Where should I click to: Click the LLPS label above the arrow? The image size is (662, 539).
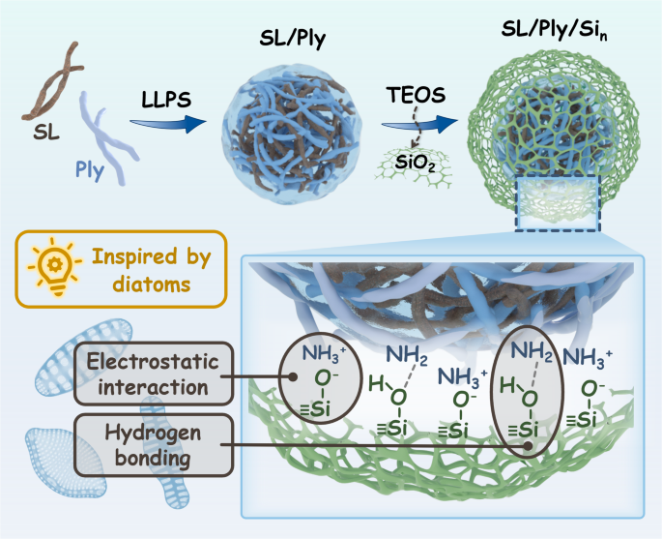[x=166, y=100]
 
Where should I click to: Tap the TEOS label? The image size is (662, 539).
[x=416, y=95]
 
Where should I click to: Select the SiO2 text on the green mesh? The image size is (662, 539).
[x=415, y=163]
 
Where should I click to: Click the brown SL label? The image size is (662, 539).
[x=46, y=134]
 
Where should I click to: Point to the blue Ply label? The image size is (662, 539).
[x=90, y=170]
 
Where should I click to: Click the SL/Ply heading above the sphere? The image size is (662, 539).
[x=293, y=39]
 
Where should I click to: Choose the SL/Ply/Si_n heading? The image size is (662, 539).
[x=554, y=30]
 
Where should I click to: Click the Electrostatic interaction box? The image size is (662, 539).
[x=154, y=374]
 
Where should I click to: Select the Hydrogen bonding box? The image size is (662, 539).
[x=154, y=445]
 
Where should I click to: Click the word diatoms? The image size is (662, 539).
[x=152, y=284]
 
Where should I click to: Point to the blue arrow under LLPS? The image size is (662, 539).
[x=167, y=124]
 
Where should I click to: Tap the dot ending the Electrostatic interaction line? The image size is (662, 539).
[x=293, y=376]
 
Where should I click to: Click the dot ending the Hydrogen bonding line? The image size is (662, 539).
[x=528, y=445]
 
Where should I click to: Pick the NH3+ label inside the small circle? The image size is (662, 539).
[x=325, y=353]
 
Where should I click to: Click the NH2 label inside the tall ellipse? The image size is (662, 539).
[x=532, y=351]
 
